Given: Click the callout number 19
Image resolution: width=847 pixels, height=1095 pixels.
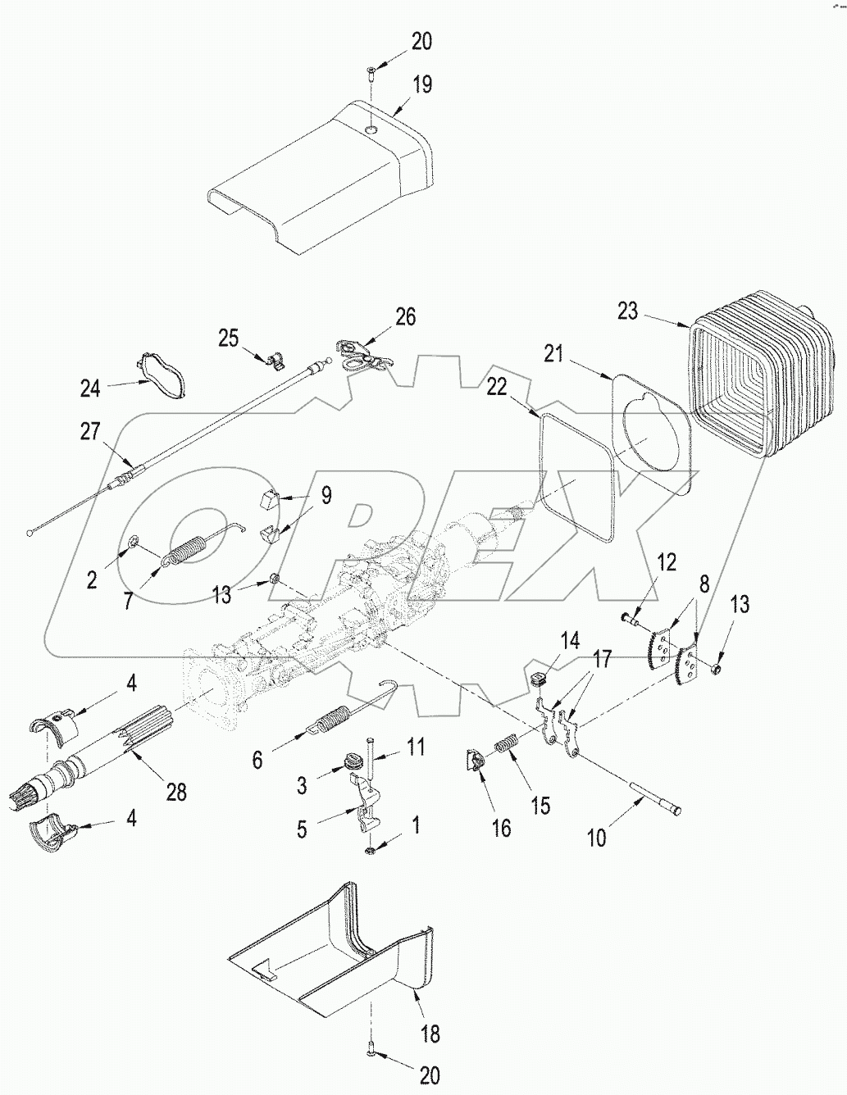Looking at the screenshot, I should point(421,84).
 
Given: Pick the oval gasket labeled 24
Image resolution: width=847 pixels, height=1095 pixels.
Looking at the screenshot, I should point(158,377).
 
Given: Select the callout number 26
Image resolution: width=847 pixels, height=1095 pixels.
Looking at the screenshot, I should point(405,316).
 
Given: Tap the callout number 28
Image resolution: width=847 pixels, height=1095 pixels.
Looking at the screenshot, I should point(175,792).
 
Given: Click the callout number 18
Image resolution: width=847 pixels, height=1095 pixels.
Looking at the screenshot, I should point(430,1034).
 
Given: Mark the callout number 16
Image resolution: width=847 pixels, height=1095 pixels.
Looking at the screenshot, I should point(501,828).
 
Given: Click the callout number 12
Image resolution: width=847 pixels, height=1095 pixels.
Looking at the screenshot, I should point(666,562).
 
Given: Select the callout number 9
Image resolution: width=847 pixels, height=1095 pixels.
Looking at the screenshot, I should point(326,496).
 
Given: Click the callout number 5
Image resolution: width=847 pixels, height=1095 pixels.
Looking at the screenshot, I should point(302,829).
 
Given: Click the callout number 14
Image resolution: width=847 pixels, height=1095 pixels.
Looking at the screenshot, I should point(569,639).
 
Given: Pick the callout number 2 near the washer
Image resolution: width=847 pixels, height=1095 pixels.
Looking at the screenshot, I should point(92,579).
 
